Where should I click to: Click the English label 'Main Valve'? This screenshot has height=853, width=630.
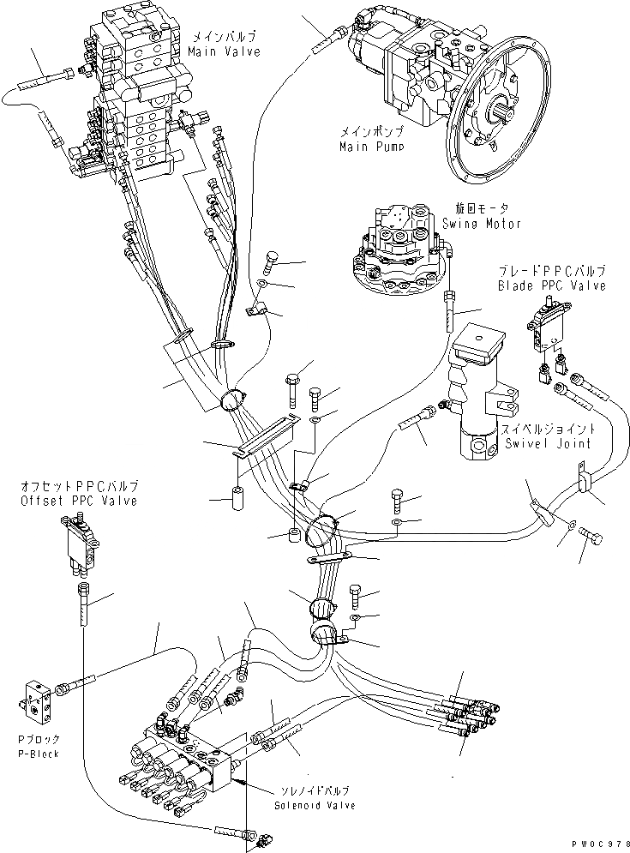coord(223,51)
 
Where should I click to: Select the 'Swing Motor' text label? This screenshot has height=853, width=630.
coord(482,224)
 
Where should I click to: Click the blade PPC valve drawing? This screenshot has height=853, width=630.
coord(546,329)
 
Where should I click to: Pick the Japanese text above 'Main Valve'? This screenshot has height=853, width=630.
coord(223,38)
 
